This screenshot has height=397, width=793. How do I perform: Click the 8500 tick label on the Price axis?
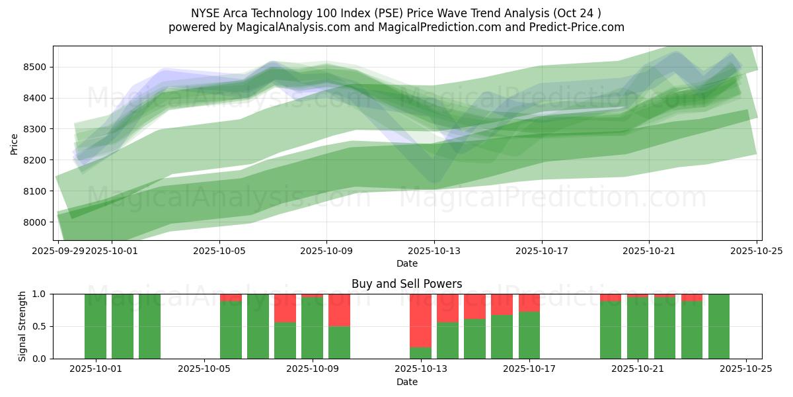tap(34, 67)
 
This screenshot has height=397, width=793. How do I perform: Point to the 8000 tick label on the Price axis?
tap(34, 222)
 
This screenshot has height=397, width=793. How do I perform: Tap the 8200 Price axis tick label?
tap(34, 160)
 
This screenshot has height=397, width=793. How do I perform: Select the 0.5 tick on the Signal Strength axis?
tap(40, 326)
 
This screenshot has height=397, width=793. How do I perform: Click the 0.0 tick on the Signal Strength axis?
tap(40, 359)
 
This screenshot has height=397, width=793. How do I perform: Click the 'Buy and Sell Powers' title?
tap(406, 284)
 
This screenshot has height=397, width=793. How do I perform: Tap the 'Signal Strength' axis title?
tap(22, 326)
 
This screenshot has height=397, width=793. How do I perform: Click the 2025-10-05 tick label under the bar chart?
tap(205, 369)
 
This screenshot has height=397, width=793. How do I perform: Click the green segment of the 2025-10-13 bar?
tap(420, 353)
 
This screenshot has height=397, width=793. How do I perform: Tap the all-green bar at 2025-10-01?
tap(96, 326)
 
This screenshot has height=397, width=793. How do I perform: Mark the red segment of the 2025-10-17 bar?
tap(529, 302)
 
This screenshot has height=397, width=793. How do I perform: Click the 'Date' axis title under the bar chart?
tap(406, 382)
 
